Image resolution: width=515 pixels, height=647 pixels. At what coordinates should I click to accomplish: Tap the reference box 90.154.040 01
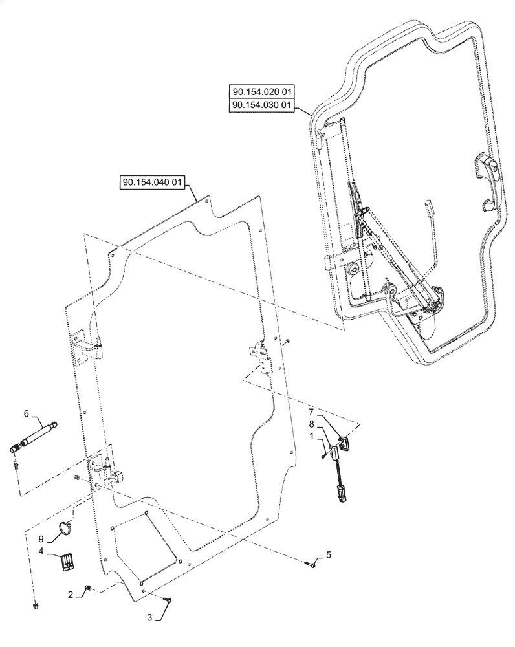point(153,183)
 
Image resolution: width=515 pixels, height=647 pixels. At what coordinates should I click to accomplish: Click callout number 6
point(26,414)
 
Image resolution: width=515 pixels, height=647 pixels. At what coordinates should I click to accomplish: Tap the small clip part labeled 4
point(67,561)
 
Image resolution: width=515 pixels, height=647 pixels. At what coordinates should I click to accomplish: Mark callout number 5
point(328,554)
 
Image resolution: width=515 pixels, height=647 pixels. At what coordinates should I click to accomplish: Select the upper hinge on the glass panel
point(89,347)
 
